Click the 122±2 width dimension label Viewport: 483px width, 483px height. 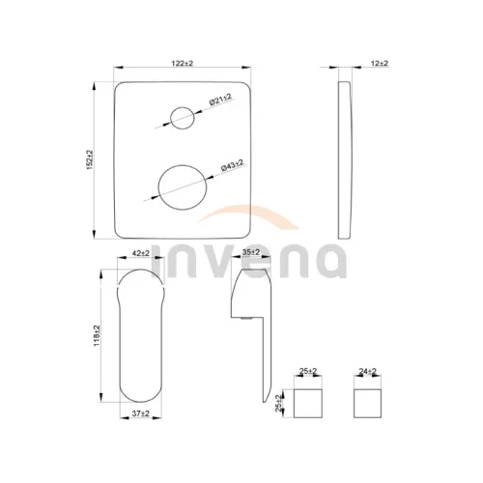[183, 63]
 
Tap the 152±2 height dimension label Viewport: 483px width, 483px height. [90, 159]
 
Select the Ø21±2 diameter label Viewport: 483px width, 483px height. [221, 99]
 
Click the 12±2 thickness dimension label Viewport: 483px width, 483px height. [380, 63]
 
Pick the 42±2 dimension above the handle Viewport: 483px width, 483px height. [141, 253]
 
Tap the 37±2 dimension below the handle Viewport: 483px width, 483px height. [141, 413]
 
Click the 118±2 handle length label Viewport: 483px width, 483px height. [97, 336]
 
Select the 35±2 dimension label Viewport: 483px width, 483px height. [251, 252]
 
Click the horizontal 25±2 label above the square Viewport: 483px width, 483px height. [308, 371]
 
